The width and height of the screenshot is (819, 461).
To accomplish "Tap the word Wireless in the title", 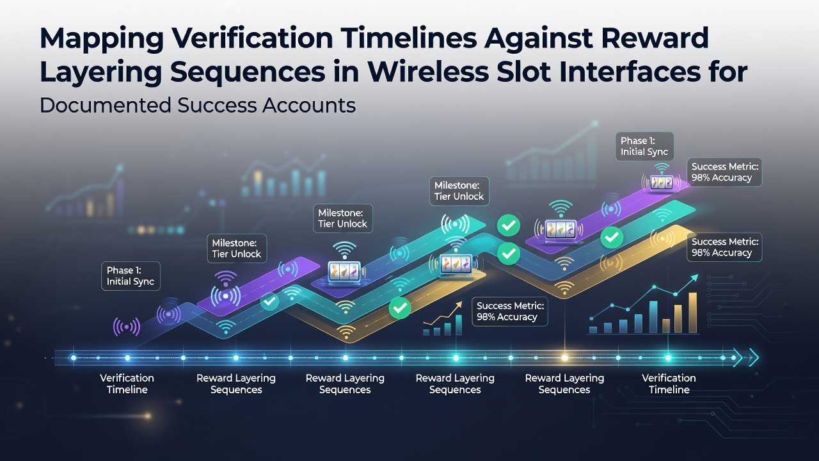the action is point(428,72).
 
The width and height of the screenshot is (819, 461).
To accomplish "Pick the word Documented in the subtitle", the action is point(106,106).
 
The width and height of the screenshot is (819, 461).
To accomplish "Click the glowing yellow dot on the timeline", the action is point(564,358).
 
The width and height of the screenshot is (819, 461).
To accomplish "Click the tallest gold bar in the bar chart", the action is point(692,313).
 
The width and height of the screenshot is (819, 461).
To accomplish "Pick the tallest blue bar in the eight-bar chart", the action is point(653,317).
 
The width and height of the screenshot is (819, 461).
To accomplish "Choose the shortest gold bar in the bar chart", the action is point(666,326).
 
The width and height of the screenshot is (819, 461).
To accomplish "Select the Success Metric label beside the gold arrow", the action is point(510,311).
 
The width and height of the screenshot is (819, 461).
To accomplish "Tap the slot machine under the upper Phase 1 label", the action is point(661,182).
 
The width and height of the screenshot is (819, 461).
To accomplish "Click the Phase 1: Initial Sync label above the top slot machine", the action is point(644,147).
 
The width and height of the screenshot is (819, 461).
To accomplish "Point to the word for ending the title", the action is point(724,72).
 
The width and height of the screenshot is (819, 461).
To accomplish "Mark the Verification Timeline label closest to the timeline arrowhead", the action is point(669,384).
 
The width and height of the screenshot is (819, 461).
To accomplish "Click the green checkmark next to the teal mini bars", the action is point(400,308).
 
